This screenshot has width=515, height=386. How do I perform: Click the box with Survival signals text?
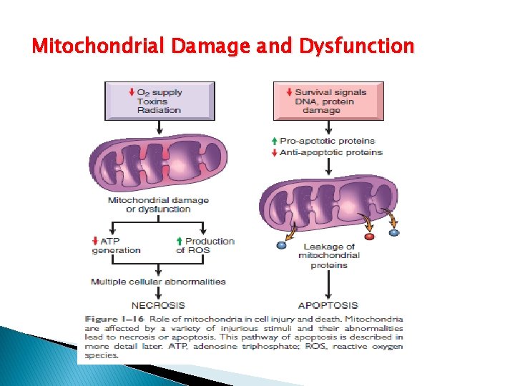point(328,100)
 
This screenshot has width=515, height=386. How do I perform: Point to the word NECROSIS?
point(158,305)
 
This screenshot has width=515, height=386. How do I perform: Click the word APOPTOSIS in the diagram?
point(328,305)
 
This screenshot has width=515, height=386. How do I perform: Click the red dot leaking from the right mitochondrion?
point(369,236)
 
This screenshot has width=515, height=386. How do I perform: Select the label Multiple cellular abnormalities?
point(158,282)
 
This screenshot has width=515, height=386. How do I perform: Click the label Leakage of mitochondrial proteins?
point(328,256)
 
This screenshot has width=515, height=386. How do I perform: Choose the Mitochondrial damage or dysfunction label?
point(158,204)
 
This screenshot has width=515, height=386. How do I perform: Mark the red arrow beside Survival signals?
point(288,91)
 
